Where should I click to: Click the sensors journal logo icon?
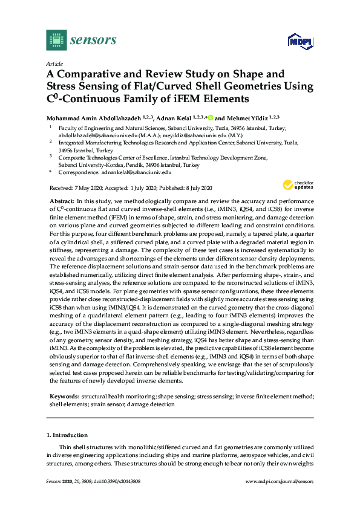(56, 41)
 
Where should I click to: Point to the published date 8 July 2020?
(198, 188)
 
